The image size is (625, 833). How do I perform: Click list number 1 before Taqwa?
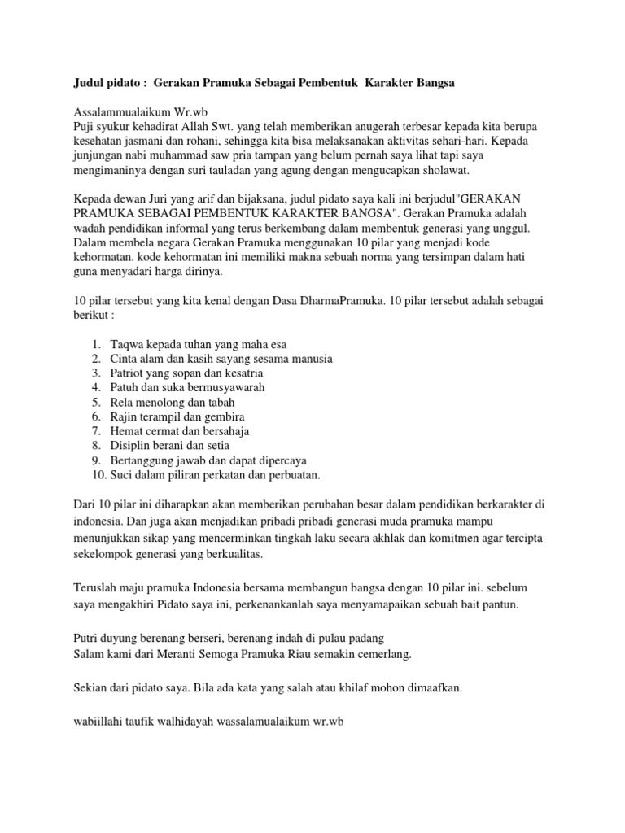(96, 343)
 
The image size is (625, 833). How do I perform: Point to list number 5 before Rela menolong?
(96, 402)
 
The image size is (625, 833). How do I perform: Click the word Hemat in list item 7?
(129, 431)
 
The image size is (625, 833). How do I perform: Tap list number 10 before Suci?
(98, 475)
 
